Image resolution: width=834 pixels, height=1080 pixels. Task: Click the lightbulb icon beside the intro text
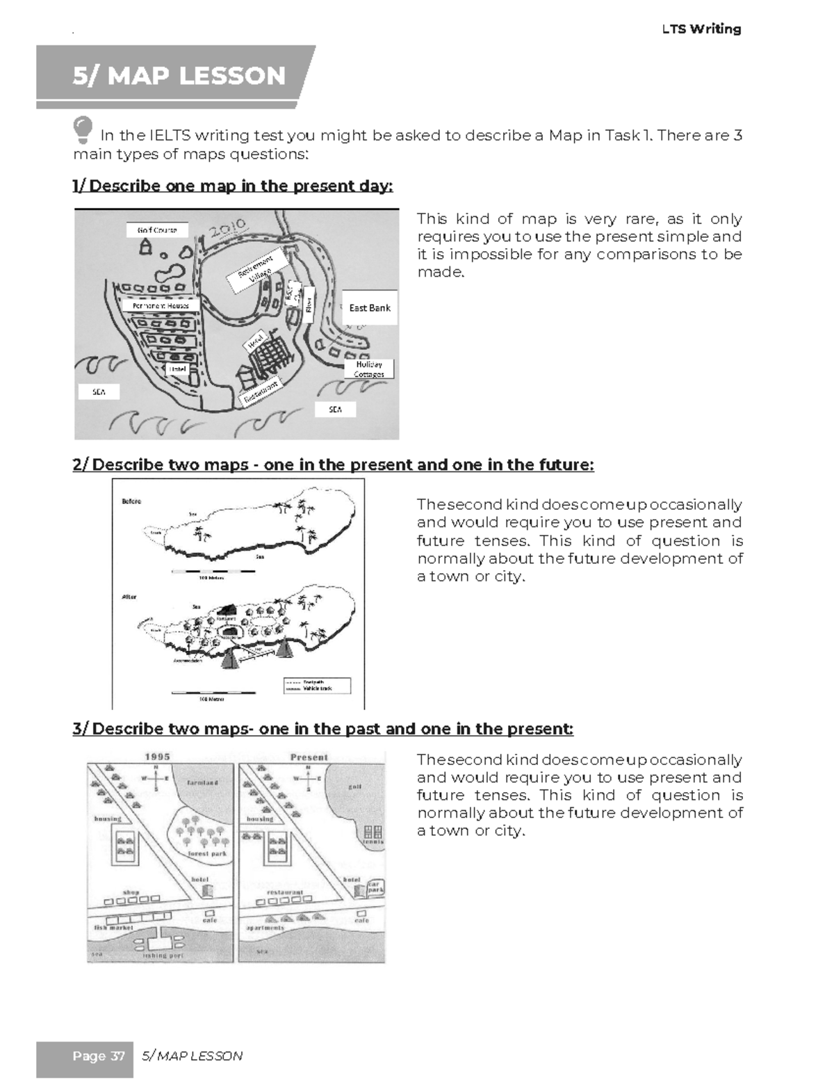click(x=83, y=129)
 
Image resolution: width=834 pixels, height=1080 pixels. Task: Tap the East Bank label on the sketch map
click(x=369, y=307)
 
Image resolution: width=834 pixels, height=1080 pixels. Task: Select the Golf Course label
click(x=157, y=230)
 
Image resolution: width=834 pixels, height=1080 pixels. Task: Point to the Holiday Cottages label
click(x=369, y=369)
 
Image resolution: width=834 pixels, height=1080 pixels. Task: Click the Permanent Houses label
click(x=161, y=305)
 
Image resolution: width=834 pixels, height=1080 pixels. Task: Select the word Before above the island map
click(x=131, y=501)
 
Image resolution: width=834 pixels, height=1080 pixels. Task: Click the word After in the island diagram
click(x=129, y=597)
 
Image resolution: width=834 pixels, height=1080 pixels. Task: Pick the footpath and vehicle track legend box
click(x=316, y=685)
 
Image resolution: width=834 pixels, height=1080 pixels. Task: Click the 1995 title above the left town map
click(x=157, y=757)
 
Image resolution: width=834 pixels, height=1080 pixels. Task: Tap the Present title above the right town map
click(x=309, y=757)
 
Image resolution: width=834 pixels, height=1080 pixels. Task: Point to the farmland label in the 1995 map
click(x=202, y=782)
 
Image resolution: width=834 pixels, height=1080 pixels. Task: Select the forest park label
click(x=207, y=853)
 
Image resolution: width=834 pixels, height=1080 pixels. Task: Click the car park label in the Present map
click(x=376, y=887)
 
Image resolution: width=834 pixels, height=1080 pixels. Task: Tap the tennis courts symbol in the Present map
click(x=373, y=832)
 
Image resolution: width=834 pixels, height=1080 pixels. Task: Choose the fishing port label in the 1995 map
click(x=164, y=956)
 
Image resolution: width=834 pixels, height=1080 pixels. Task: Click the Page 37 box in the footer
click(x=98, y=1056)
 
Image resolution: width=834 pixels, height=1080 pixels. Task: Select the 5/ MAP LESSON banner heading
click(x=179, y=75)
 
